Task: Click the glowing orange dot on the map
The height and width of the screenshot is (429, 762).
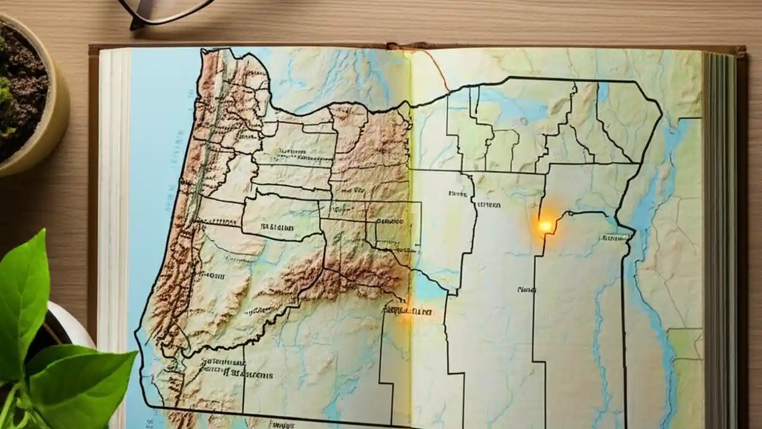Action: coord(545,226)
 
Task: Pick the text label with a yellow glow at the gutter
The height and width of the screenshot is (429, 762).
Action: coord(407,310)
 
